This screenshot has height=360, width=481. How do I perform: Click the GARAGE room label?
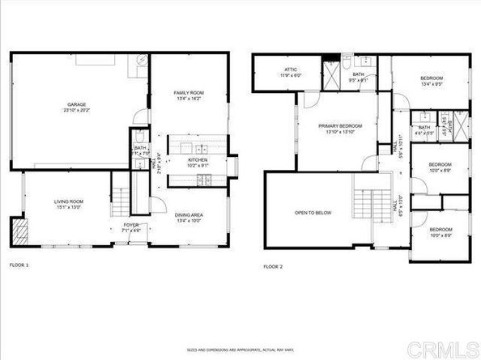click(77, 105)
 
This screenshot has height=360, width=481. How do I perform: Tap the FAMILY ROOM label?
click(189, 94)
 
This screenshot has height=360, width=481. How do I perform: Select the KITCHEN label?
click(198, 160)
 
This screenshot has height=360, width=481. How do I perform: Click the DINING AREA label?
click(189, 214)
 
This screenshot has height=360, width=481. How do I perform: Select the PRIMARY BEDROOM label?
click(339, 126)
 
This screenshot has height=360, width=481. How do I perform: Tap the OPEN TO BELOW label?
click(312, 213)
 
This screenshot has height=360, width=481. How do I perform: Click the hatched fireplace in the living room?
click(19, 232)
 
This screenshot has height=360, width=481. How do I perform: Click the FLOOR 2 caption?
click(273, 265)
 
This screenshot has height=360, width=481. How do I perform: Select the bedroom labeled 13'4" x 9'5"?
click(429, 79)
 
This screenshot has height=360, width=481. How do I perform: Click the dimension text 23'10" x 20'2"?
click(77, 111)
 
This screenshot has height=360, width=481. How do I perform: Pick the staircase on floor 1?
click(121, 197)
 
